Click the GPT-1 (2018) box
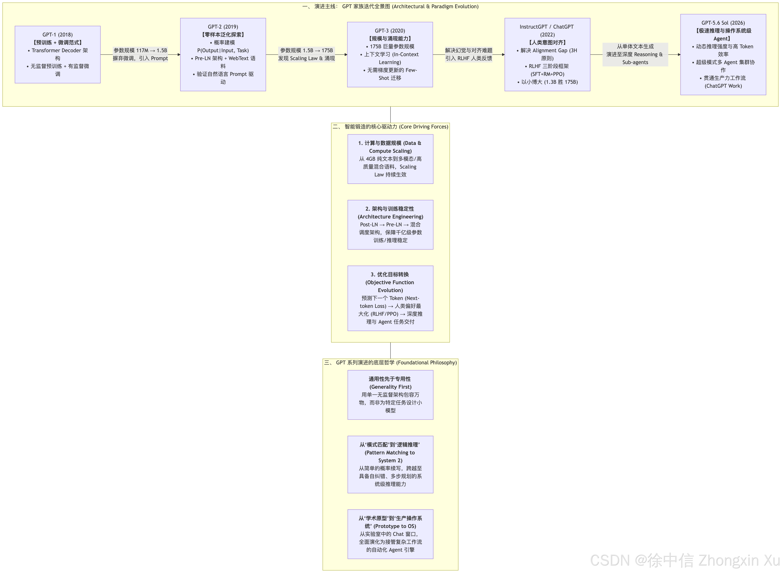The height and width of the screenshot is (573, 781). (x=58, y=54)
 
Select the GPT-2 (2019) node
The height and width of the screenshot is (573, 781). (x=223, y=54)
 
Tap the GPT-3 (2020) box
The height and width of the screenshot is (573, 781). (x=390, y=54)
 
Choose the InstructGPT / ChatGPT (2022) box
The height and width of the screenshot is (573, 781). (x=547, y=54)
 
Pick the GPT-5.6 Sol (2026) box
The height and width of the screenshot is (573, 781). (x=723, y=54)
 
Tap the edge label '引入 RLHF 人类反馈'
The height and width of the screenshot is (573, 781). (x=469, y=58)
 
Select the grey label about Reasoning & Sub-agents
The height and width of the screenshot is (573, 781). (x=635, y=54)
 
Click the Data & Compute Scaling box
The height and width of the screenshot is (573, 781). (x=390, y=159)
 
